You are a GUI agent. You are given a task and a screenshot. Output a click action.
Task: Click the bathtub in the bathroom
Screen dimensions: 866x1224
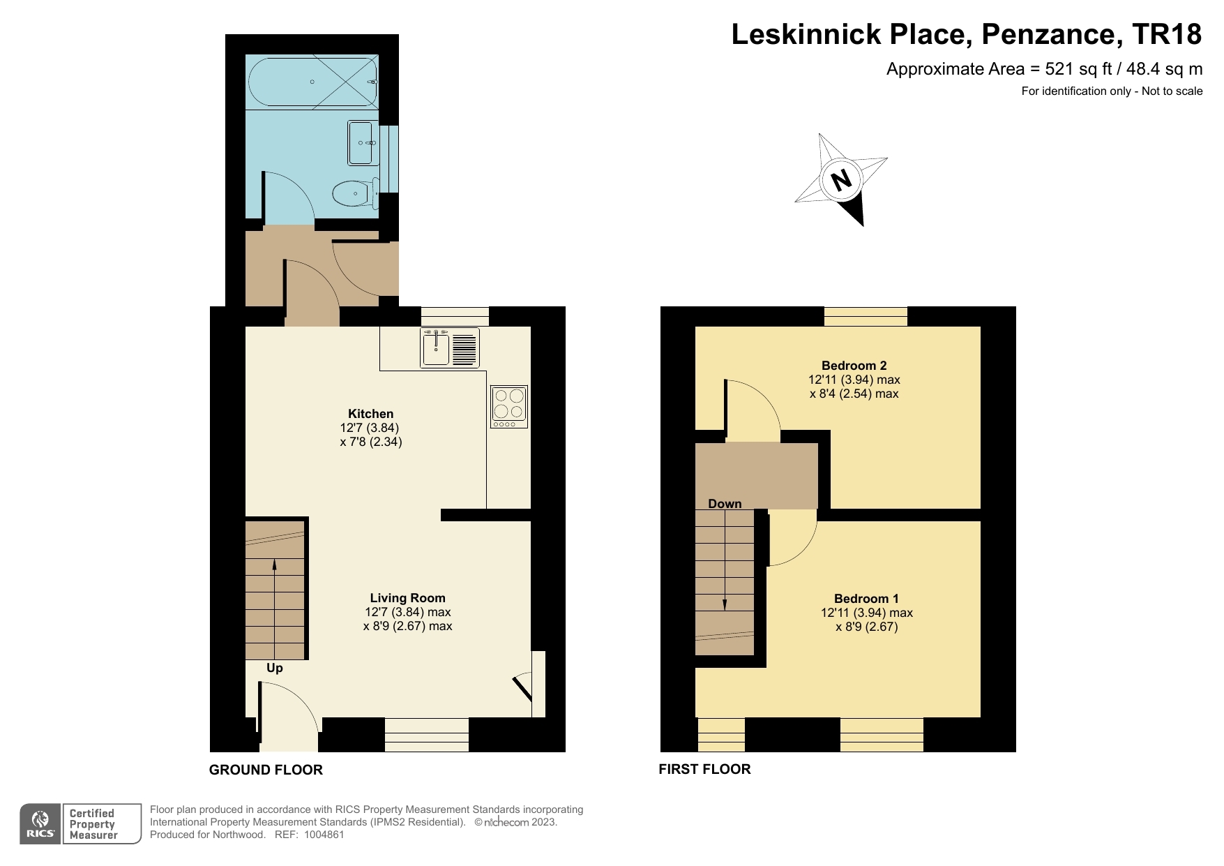312,82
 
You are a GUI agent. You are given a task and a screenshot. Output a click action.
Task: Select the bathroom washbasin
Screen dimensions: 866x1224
362,142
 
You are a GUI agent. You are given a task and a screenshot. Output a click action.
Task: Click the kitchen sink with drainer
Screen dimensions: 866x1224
450,347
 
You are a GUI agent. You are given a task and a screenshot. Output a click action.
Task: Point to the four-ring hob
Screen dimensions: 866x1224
508,406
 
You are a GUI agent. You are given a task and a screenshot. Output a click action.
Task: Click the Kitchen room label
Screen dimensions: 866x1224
371,414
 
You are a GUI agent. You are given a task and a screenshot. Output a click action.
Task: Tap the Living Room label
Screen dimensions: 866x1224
407,598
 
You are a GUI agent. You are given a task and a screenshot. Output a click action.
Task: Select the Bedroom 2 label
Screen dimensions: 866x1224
854,366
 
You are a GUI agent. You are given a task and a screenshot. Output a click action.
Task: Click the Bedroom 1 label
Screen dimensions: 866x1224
866,599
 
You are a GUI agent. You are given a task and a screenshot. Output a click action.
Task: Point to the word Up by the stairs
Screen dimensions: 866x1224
275,669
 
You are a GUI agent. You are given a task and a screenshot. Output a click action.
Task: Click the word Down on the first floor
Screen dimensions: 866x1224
725,504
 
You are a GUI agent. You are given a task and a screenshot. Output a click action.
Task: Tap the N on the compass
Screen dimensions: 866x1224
843,180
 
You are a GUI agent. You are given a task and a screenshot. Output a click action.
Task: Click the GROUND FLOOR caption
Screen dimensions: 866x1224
266,770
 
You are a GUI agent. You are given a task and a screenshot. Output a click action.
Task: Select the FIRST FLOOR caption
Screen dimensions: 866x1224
704,769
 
